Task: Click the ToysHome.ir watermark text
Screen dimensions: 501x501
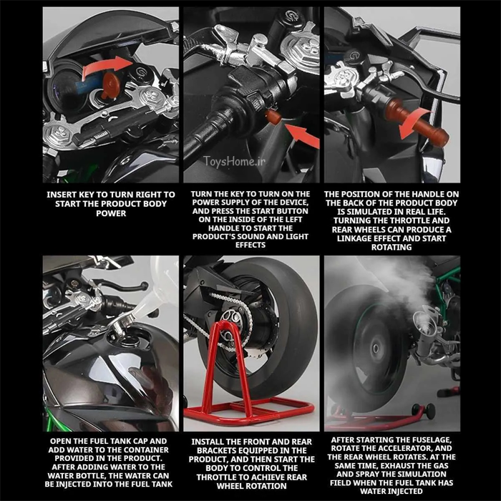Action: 234,161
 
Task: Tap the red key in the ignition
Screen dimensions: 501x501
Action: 110,85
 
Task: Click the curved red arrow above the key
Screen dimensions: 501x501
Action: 107,67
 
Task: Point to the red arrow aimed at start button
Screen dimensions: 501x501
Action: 302,135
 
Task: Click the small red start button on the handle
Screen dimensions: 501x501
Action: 273,117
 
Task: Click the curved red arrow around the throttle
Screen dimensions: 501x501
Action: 414,122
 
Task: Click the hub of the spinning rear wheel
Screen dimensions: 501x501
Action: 376,349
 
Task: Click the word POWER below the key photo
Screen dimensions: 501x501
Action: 111,213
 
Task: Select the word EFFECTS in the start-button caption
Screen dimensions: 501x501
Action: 250,245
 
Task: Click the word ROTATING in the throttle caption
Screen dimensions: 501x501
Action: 391,247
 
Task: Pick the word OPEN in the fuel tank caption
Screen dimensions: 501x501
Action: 60,442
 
